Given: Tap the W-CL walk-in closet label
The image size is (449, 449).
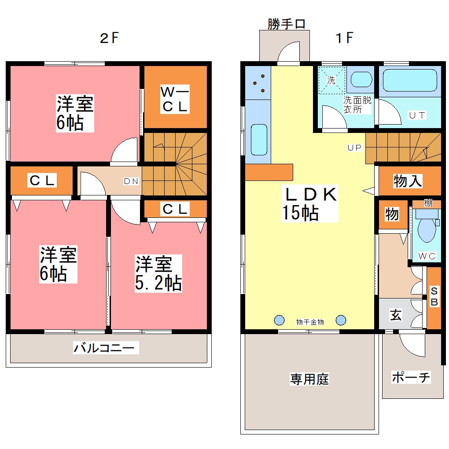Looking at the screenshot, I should pos(175,99).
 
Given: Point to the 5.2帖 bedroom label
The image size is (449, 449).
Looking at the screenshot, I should pos(158,273).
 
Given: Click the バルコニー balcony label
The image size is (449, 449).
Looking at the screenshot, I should pos(106,348).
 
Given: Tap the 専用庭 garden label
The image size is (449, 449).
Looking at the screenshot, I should pos(309,379).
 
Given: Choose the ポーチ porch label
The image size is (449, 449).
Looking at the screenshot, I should pos(411,377).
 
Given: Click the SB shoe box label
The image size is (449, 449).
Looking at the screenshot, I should pos(434,297).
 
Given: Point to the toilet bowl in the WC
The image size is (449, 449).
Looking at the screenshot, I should pos(426,230).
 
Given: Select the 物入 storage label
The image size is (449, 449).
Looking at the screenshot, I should pos(408,180).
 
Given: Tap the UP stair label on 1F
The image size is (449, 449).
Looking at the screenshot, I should pos(354,148).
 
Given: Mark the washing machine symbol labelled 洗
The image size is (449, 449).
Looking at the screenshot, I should pos(331,80).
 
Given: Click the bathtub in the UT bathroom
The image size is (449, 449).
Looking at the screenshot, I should pos(409,80).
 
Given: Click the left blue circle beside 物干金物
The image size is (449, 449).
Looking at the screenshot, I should pos(279,320).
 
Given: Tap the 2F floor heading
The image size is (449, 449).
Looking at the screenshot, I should pos(109,38).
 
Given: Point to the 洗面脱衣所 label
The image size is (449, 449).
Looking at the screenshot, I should pos(357,105).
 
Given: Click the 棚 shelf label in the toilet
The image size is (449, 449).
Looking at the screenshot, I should pos(428,203).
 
